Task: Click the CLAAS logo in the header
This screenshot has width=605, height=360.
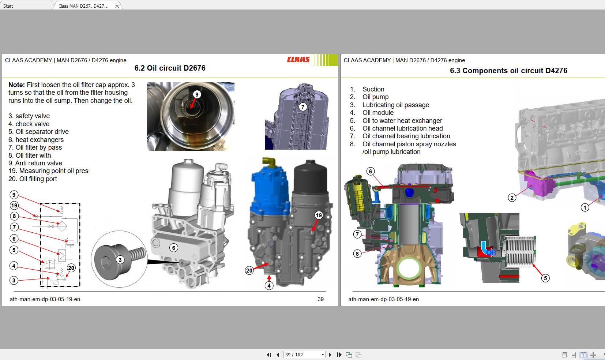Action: pos(298,60)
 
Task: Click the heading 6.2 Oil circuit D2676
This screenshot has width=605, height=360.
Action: pos(170,68)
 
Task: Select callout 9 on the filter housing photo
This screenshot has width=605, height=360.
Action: pos(196,94)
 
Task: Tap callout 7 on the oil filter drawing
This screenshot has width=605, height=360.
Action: pos(302,107)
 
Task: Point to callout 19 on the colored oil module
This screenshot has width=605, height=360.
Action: pos(319,215)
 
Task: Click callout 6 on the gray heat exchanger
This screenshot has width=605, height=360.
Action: pos(174,248)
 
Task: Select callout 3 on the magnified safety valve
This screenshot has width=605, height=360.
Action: pos(120,260)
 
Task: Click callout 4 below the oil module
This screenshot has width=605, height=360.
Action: pos(269,285)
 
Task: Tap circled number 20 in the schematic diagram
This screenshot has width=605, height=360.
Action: pos(71,268)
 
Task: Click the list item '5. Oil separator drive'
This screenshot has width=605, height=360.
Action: pos(38,132)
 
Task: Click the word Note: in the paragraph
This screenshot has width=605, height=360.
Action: pos(17,85)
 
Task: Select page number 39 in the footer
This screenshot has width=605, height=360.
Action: pos(320,299)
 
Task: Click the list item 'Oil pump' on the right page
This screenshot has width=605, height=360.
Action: pos(375,97)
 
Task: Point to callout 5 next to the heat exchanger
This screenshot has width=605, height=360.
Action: pos(545,278)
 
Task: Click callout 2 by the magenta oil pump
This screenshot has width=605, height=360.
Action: pos(512,198)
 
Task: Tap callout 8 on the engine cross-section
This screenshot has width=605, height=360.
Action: pos(357,253)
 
